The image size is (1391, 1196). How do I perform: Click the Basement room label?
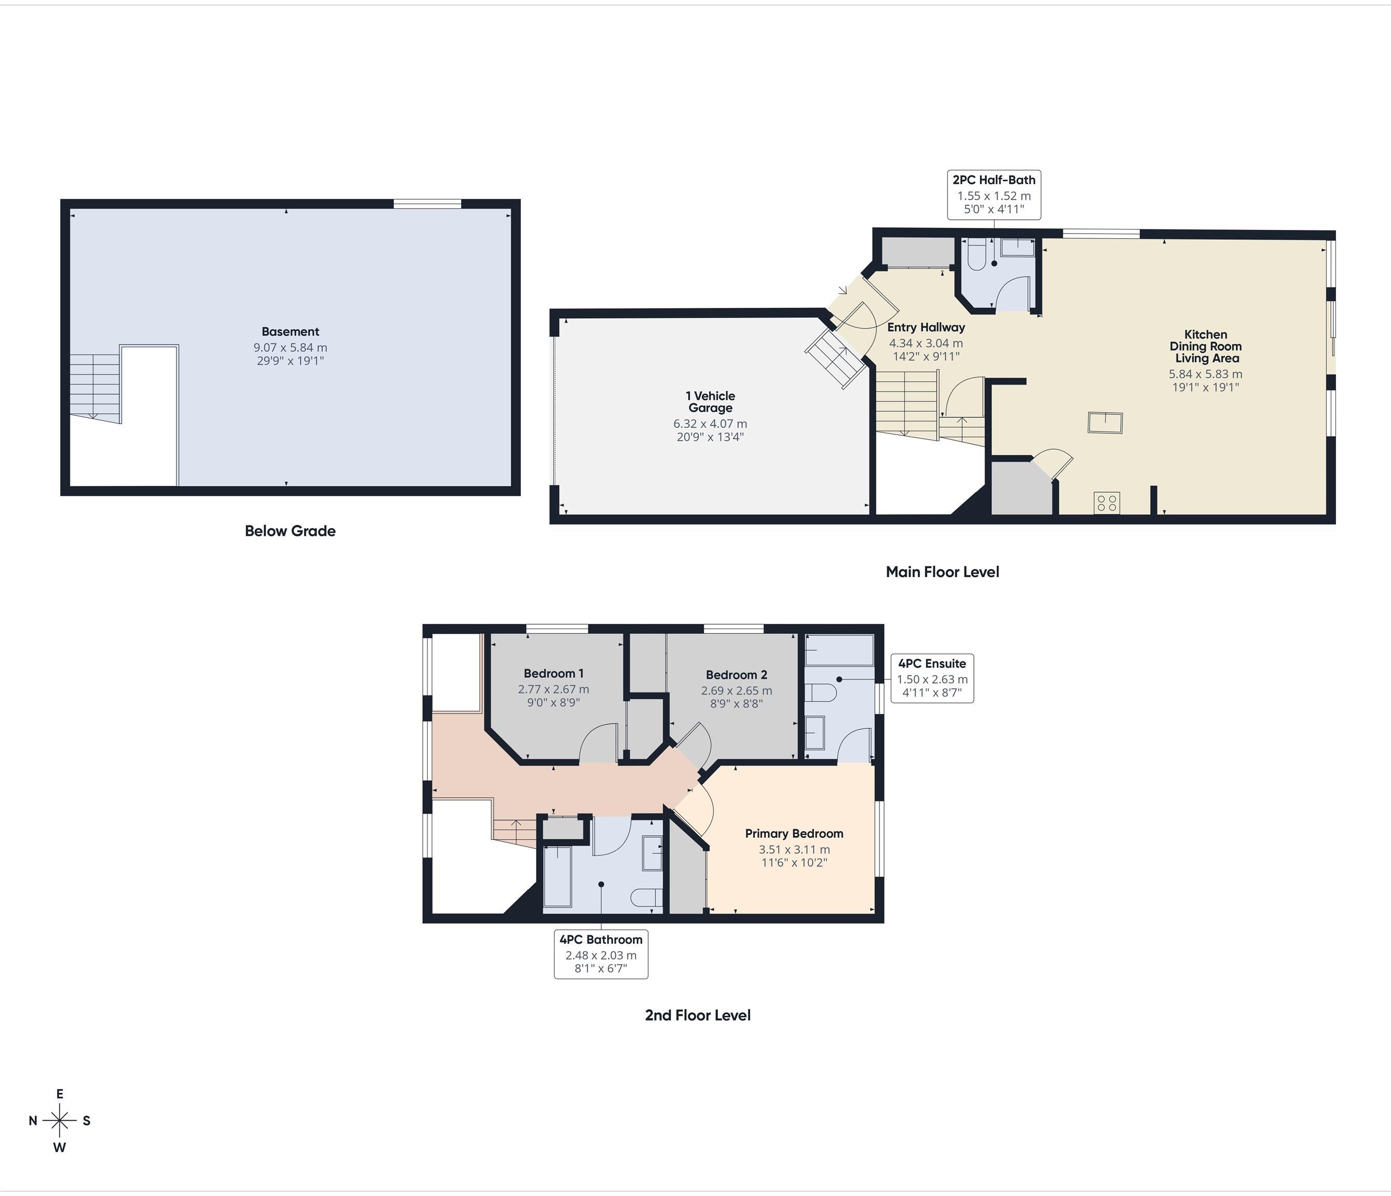click(290, 331)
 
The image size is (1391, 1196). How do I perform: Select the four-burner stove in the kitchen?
click(1106, 502)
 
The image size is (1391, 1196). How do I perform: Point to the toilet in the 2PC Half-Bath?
click(975, 256)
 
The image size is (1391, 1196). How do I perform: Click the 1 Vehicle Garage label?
click(710, 402)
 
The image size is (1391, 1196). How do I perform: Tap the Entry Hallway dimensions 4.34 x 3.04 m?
click(926, 343)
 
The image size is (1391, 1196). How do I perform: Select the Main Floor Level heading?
click(942, 572)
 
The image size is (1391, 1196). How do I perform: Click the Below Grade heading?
click(290, 531)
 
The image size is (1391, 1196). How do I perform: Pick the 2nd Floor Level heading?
click(697, 1015)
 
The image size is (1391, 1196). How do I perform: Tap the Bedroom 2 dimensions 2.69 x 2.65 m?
click(736, 690)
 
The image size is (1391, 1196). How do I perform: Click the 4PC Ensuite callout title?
click(932, 663)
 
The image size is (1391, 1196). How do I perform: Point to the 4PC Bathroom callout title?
click(601, 939)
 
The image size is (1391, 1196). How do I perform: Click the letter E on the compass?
click(60, 1094)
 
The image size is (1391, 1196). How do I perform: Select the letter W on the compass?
click(60, 1147)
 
